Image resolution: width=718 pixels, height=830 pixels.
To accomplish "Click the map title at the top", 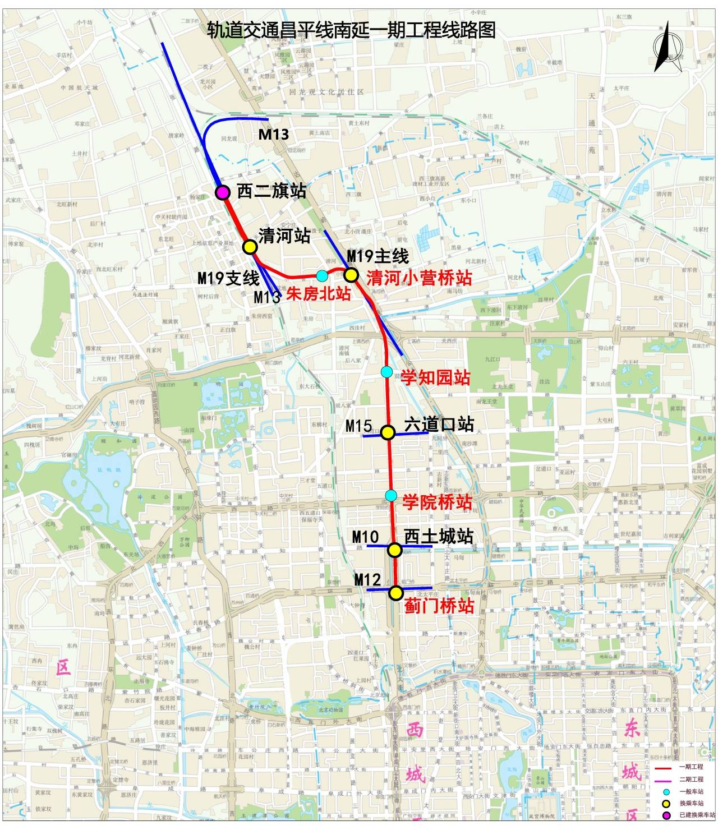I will [351, 29].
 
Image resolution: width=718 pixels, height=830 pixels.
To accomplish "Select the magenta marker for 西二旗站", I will [223, 192].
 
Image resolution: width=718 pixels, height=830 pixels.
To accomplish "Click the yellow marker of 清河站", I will [250, 247].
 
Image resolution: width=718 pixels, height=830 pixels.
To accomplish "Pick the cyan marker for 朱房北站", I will [322, 275].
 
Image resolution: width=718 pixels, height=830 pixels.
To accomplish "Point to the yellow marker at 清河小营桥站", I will [351, 275].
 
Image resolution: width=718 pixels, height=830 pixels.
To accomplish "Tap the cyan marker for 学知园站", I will [386, 371].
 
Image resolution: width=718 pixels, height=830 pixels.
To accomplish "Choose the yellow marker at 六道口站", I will [388, 432].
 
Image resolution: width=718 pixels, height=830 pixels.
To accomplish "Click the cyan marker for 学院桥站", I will [391, 495].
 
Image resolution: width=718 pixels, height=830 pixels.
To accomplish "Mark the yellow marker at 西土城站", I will [395, 550].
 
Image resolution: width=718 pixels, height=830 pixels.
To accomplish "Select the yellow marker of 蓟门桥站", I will [396, 593].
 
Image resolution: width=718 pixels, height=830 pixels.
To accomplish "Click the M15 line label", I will [358, 426].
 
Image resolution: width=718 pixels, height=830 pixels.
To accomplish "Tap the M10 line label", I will [365, 537].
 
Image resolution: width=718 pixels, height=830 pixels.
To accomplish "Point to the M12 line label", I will [367, 579].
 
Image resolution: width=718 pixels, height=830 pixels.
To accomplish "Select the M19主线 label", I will [378, 256].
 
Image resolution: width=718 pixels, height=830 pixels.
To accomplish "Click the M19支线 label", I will [228, 278].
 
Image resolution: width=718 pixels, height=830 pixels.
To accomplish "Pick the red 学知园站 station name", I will [435, 377].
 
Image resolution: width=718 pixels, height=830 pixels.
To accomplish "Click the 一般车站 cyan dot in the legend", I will [666, 791].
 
